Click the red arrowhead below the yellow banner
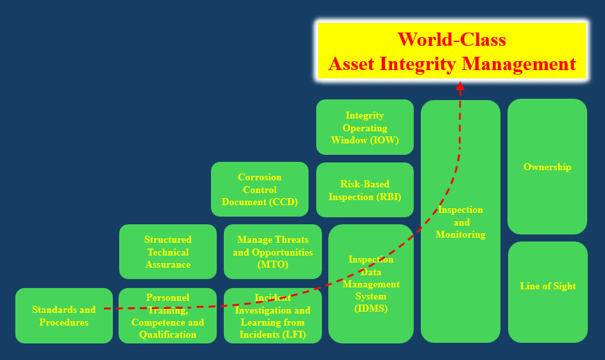(x=460, y=87)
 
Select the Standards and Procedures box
(x=64, y=315)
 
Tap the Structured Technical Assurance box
(x=168, y=252)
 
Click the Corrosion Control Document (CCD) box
(x=259, y=189)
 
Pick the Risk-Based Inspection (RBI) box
(x=365, y=190)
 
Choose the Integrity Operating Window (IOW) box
(x=365, y=127)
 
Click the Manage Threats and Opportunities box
(x=273, y=252)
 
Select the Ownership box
(x=547, y=166)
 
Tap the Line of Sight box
(x=548, y=292)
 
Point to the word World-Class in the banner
(x=451, y=40)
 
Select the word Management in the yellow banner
(x=519, y=64)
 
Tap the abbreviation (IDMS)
(x=371, y=309)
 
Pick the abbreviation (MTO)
(x=273, y=264)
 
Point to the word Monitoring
(x=461, y=234)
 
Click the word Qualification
(x=168, y=335)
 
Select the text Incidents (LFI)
(x=273, y=335)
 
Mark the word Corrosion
(x=259, y=177)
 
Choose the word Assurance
(x=168, y=264)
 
